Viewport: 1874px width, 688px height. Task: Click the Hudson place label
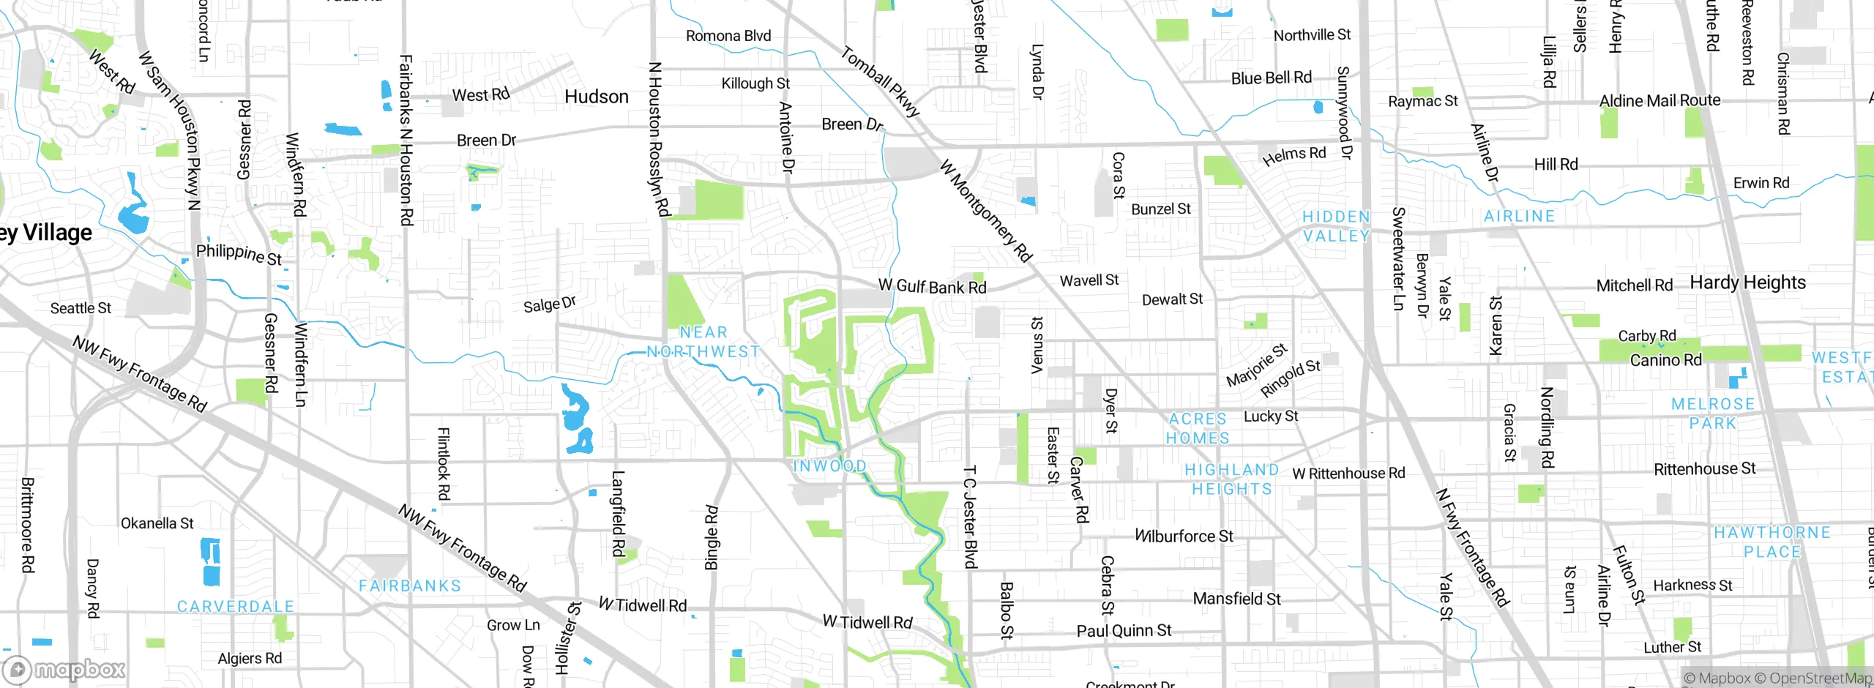[x=597, y=97]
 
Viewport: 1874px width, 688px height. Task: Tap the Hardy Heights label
[x=1747, y=283]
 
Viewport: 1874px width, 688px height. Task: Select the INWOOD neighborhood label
[x=830, y=466]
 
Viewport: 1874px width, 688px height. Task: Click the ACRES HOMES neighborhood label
[x=1198, y=428]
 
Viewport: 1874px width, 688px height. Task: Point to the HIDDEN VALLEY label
[x=1336, y=226]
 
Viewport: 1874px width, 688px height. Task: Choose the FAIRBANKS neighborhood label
[x=410, y=586]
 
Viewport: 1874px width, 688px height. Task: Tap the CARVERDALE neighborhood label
[x=236, y=607]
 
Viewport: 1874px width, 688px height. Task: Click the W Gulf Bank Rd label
[x=933, y=286]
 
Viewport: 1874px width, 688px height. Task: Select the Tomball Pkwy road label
[x=879, y=81]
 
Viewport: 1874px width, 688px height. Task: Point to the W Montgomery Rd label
[x=985, y=211]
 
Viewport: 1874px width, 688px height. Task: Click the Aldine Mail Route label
[x=1660, y=100]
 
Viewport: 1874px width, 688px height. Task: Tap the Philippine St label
[x=239, y=254]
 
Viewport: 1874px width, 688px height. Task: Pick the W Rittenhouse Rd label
[x=1348, y=474]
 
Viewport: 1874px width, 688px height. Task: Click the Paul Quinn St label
[x=1124, y=630]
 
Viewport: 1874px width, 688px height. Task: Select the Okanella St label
[x=157, y=523]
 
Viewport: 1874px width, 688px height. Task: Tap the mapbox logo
[x=64, y=669]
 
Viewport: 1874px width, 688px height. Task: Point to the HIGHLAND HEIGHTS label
[x=1232, y=479]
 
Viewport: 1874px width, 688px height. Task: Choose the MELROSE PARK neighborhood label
[x=1713, y=414]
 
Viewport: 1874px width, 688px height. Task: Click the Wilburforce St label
[x=1184, y=536]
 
